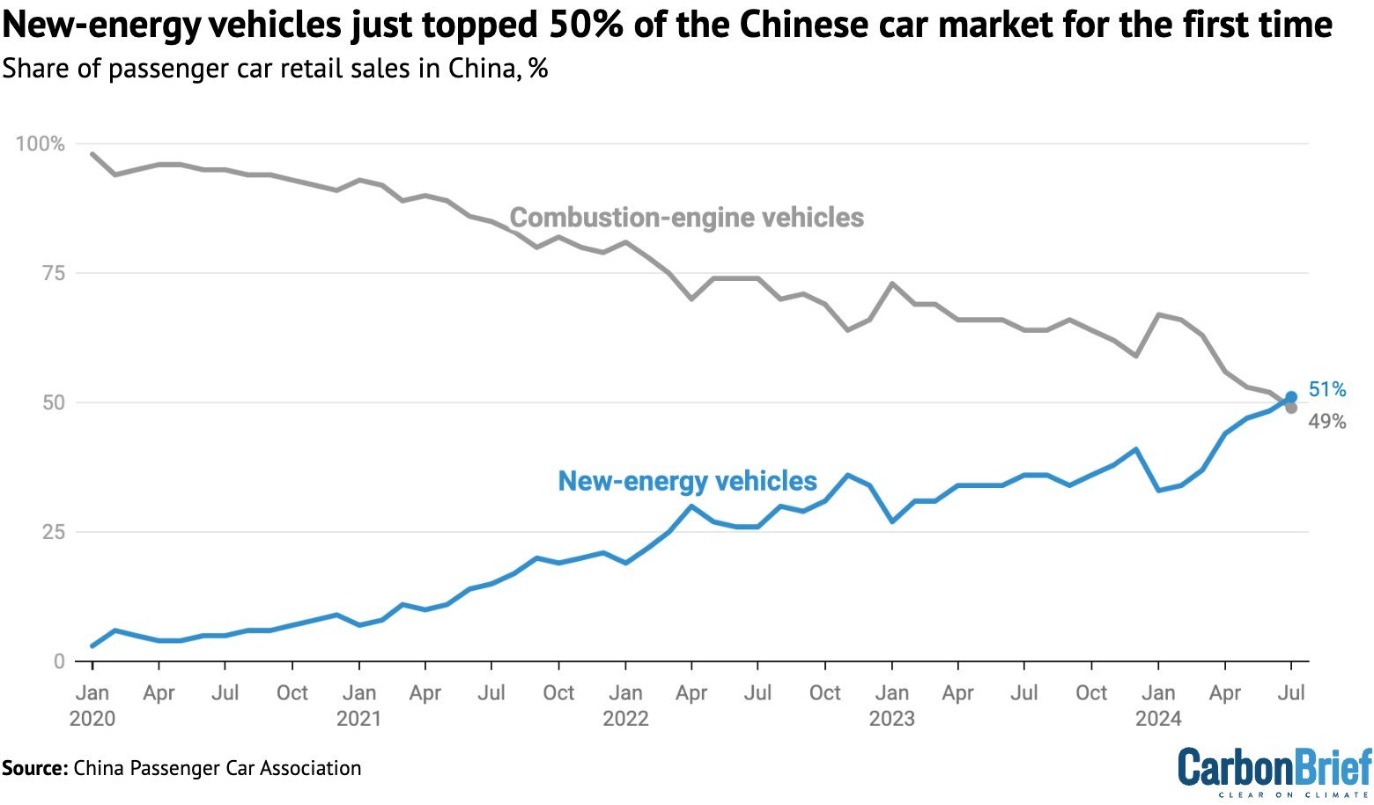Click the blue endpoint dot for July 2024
1291,397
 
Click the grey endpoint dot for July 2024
1291,408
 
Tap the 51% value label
1327,389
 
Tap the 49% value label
1327,422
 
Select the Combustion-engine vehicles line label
686,218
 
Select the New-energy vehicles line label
687,481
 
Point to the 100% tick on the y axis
41,144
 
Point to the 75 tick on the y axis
54,273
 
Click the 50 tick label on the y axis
54,402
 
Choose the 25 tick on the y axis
54,532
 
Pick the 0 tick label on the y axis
59,661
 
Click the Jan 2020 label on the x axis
92,705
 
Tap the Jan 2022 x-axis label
625,705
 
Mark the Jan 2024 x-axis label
1158,705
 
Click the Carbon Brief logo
1274,772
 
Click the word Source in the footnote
34,768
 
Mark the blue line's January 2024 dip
1158,490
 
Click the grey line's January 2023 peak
892,284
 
